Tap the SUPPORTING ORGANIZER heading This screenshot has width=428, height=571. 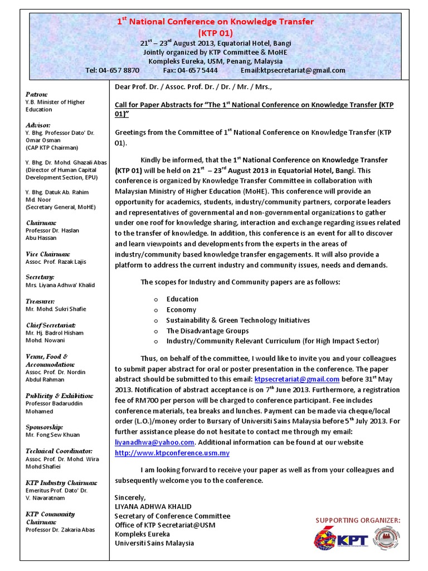coord(358,520)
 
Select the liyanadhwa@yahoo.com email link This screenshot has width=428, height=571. coord(154,442)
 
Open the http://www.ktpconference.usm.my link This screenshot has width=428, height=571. coord(172,453)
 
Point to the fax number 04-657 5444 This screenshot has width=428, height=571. coord(198,70)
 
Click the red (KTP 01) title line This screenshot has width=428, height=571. coord(215,33)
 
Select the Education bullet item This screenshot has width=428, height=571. coord(182,299)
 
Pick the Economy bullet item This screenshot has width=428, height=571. coord(181,309)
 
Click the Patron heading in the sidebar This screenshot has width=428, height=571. coord(37,94)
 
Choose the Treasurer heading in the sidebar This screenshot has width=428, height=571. coord(40,301)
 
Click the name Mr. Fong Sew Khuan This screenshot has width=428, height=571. coord(52,435)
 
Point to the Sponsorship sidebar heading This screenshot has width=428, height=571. coord(45,427)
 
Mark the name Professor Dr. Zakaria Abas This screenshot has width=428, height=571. coord(60,530)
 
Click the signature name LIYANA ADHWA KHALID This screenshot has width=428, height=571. coord(153,506)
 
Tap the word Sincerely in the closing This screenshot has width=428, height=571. coord(130,497)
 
